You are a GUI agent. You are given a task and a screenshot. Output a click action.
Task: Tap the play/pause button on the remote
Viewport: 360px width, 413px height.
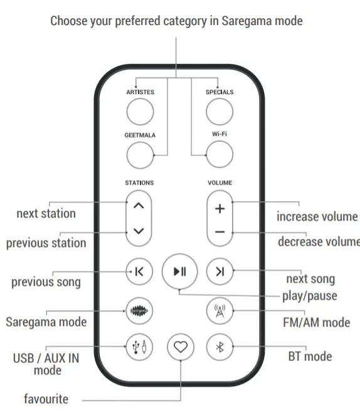(180, 271)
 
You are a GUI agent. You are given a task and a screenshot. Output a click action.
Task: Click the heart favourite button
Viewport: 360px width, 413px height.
(181, 347)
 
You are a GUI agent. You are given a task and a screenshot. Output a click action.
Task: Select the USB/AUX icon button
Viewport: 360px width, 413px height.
(139, 347)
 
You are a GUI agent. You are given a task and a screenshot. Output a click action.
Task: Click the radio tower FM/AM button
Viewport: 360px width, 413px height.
(220, 311)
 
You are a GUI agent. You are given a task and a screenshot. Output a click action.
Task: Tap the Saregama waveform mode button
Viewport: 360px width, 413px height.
(139, 311)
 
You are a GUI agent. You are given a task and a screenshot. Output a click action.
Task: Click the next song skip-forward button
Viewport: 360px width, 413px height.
(220, 271)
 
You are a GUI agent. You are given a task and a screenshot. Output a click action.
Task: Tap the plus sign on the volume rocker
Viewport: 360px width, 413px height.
(220, 209)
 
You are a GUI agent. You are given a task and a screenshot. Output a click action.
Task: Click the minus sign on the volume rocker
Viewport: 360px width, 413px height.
(220, 232)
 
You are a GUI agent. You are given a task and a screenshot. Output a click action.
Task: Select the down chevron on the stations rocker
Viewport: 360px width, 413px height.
(139, 231)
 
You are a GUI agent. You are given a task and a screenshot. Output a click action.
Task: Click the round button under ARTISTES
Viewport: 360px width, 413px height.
(140, 112)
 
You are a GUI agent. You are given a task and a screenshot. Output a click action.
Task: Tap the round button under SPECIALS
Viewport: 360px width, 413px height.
(220, 112)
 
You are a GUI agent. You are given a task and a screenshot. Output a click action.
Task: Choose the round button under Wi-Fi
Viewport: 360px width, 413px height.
(220, 154)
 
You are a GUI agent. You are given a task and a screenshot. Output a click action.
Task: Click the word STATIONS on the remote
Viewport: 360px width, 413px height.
(139, 183)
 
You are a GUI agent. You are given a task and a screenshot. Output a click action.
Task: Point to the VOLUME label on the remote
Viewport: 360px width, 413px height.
(220, 183)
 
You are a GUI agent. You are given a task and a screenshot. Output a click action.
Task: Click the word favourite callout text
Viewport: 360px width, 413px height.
(46, 399)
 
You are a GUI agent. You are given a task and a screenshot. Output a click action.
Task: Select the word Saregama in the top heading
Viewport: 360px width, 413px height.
(246, 21)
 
